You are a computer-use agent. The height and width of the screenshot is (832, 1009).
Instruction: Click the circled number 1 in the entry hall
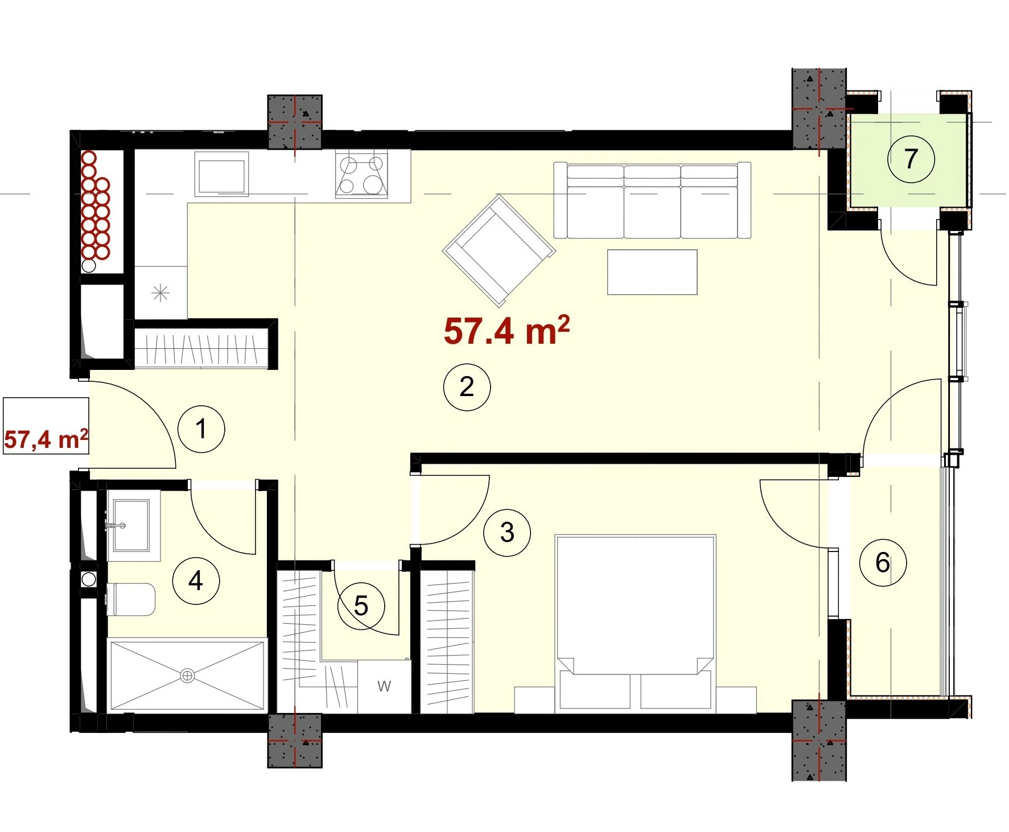pos(201,429)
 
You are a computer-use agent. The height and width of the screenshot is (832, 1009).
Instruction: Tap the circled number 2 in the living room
pos(467,387)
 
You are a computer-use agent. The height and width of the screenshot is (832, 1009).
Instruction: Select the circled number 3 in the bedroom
pos(507,533)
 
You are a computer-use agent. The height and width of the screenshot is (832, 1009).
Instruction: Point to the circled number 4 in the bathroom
pos(196,581)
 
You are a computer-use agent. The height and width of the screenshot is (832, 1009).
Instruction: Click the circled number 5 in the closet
pos(361,606)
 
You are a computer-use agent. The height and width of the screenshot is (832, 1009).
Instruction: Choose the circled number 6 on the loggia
pos(883,563)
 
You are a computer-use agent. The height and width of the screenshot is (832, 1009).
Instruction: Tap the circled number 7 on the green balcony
pos(911,159)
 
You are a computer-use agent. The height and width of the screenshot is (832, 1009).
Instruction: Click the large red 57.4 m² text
pos(506,331)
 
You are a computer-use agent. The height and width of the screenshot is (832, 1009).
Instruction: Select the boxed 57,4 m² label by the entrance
pos(46,426)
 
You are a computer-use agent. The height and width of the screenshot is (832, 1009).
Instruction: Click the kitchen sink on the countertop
pos(222,175)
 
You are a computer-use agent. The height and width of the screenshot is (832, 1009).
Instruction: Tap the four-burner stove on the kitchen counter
pos(362,174)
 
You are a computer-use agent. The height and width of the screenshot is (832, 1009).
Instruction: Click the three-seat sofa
pos(653,200)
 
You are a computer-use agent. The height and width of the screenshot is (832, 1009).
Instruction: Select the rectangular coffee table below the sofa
pos(652,272)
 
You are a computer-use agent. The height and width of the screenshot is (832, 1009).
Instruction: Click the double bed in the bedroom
pos(636,623)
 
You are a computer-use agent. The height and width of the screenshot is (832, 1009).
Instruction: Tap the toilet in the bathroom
pos(131,599)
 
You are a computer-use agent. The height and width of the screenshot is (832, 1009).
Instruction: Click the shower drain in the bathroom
pos(187,676)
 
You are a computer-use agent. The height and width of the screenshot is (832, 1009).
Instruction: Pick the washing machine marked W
pos(384,686)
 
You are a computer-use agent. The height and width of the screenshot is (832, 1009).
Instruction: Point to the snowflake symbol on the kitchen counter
pos(161,294)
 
